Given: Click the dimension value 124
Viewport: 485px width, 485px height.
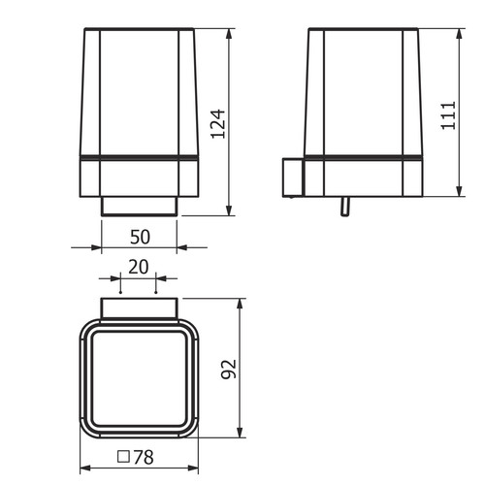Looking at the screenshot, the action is coord(218,124).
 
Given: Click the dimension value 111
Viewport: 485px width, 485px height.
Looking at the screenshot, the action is coord(448,115).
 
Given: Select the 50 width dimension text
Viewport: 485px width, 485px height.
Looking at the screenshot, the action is coord(140,237).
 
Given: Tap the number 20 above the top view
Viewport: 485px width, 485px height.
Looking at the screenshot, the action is coord(139,267).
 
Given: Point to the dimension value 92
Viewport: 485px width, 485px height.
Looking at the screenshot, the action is coord(229,369).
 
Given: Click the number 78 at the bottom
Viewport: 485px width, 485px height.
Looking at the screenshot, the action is coord(144,457).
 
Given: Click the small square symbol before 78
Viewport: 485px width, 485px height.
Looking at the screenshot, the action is coord(123,457).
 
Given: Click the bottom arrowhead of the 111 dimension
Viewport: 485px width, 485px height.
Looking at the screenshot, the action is coord(459,190).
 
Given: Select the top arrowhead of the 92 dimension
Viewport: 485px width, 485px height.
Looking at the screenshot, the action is coord(240,305).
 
